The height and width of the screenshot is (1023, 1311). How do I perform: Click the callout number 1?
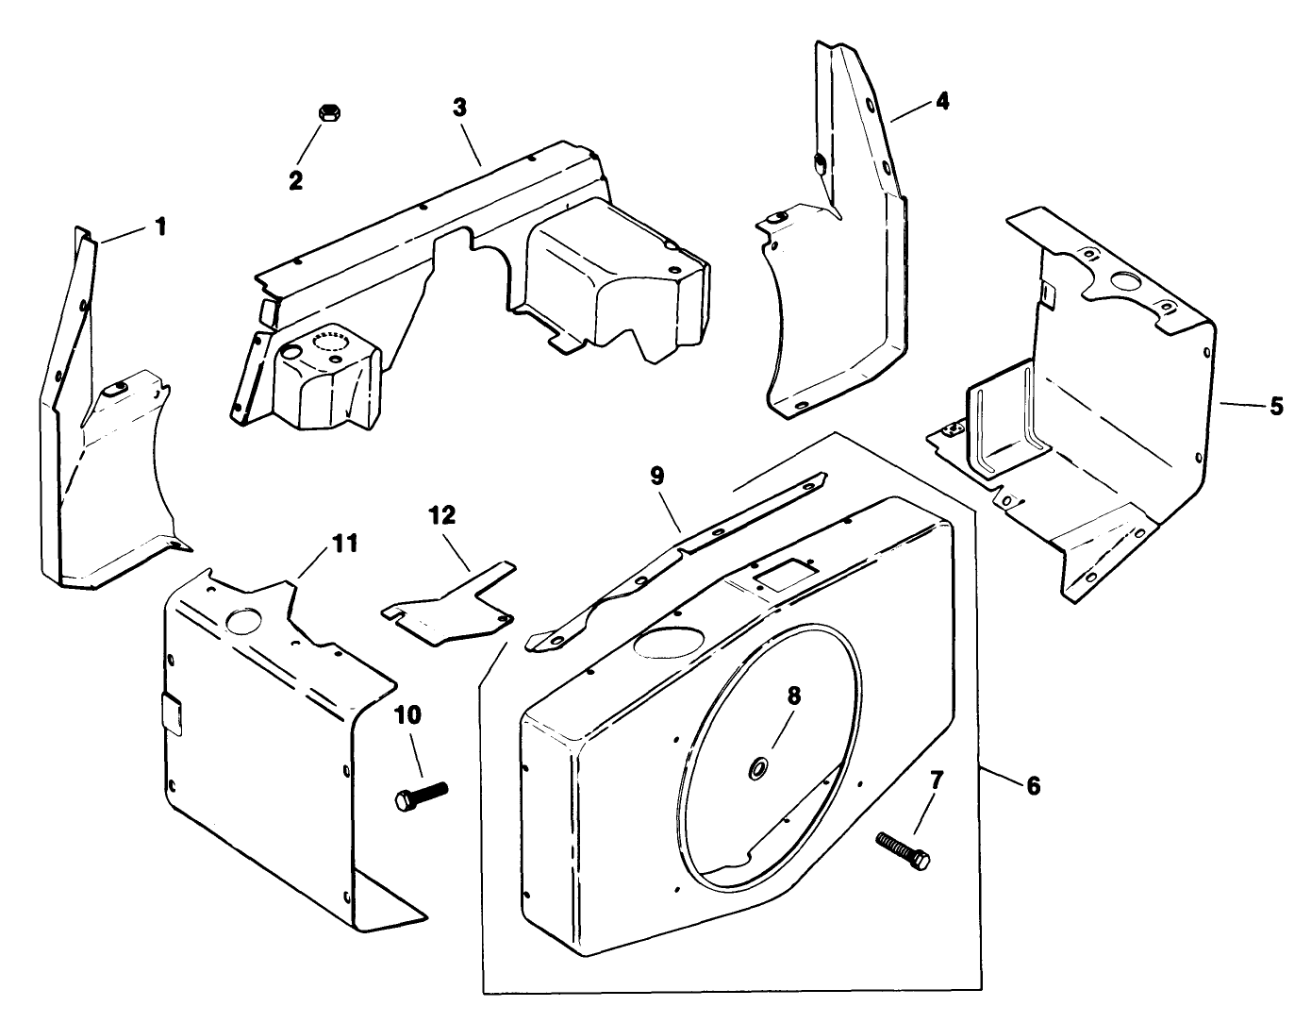160,226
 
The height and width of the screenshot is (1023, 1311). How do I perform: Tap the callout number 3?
459,108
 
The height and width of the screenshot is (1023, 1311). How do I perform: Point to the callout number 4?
941,100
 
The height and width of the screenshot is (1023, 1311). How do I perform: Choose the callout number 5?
1276,406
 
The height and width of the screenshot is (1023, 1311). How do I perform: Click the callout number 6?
1033,785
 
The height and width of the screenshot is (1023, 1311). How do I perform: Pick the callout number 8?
793,696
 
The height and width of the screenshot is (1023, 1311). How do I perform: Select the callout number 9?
657,475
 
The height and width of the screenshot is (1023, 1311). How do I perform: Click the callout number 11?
344,544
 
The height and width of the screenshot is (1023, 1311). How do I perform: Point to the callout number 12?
441,515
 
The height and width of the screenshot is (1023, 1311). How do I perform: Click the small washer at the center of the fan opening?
757,771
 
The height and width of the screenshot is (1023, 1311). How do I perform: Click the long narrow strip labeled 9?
679,557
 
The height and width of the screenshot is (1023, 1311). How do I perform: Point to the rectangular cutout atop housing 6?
779,571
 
